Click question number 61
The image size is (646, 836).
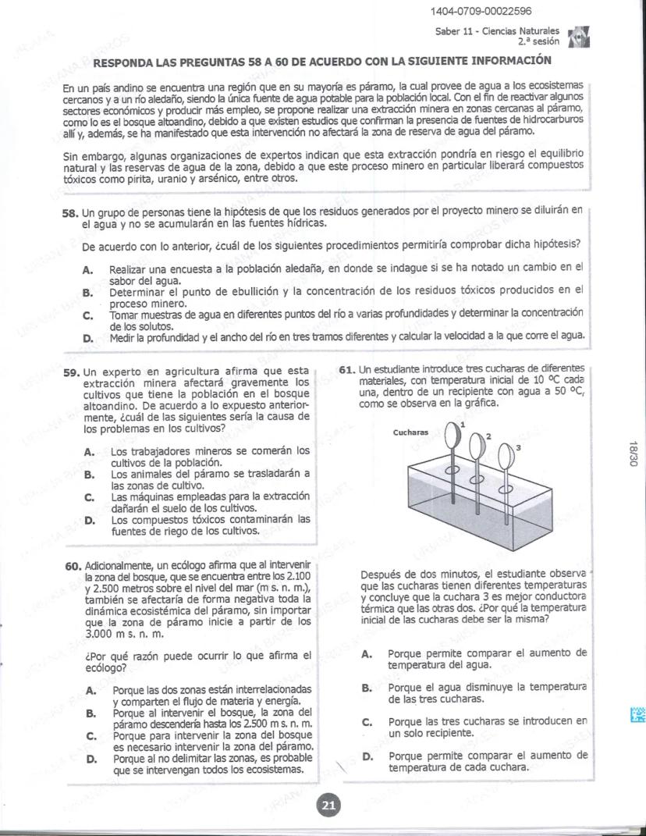tap(348, 368)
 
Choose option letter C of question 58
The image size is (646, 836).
tap(88, 315)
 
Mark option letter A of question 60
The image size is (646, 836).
tap(92, 690)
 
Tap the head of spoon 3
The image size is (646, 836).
tap(503, 460)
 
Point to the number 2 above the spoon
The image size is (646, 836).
tap(489, 436)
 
